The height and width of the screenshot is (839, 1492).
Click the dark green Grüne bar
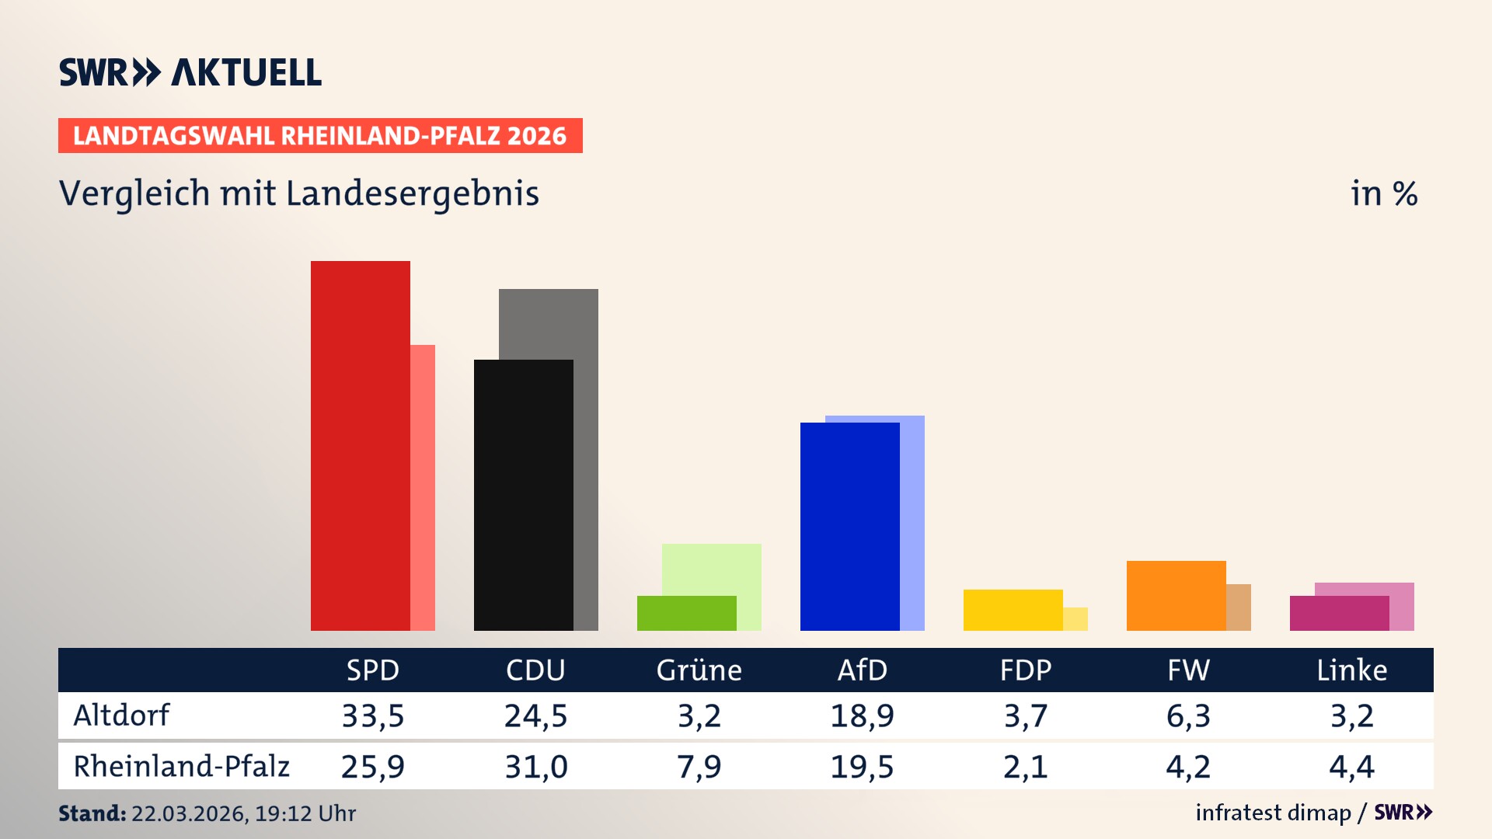point(686,613)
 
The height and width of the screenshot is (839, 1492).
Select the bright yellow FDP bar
point(1013,610)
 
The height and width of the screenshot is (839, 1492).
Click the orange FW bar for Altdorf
point(1176,595)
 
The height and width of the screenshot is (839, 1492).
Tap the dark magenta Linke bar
point(1339,613)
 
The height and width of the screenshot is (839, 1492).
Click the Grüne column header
point(699,670)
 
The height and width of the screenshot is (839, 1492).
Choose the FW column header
point(1188,670)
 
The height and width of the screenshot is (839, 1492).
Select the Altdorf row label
point(121,715)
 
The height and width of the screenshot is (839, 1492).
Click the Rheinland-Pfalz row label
point(181,766)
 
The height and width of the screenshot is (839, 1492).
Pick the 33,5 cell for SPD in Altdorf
point(373,715)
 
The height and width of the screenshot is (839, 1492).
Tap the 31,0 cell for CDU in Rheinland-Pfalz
point(536,767)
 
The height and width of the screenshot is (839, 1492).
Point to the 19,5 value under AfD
point(862,767)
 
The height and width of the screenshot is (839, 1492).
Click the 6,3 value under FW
point(1188,715)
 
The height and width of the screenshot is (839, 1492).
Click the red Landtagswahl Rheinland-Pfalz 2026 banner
point(320,135)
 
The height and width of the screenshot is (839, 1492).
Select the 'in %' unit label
point(1383,193)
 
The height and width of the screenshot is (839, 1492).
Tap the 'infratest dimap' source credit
point(1273,813)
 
